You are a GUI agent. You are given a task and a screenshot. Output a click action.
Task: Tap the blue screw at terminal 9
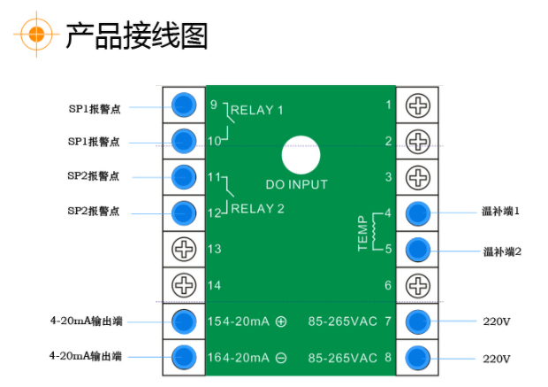183,104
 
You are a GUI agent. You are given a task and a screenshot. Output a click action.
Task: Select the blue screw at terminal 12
183,213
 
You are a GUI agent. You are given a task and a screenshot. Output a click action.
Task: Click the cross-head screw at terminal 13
183,249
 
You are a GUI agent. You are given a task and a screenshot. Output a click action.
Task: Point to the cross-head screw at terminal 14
183,285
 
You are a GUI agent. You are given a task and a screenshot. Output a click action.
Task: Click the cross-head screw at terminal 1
417,104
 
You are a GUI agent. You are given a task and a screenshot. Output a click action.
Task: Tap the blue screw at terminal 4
417,213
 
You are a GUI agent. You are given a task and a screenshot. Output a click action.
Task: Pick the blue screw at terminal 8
417,357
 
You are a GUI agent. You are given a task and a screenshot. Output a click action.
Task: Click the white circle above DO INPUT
301,153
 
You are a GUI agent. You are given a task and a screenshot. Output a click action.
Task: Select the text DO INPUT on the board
296,185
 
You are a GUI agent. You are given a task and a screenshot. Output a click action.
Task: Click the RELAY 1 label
257,111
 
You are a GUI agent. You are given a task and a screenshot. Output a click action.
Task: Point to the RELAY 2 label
257,209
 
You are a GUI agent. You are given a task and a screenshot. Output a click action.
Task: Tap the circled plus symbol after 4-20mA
281,321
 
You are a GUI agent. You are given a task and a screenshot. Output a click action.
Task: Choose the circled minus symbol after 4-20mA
281,358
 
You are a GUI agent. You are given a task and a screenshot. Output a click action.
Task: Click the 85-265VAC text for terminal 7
340,321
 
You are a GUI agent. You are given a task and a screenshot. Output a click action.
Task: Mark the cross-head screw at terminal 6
417,285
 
